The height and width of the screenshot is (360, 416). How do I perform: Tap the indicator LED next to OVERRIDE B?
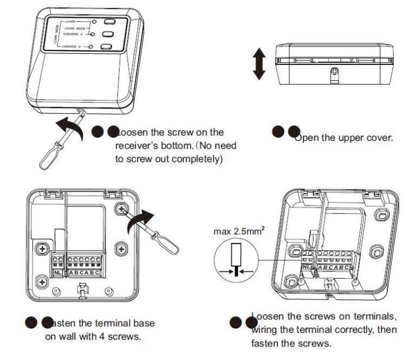point(93,47)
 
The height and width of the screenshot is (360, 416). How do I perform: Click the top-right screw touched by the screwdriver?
point(122,209)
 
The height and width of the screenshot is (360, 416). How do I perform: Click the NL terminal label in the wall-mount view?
point(58,272)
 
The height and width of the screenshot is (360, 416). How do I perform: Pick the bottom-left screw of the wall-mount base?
point(41,281)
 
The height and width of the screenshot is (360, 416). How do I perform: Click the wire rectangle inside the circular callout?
point(236,255)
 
